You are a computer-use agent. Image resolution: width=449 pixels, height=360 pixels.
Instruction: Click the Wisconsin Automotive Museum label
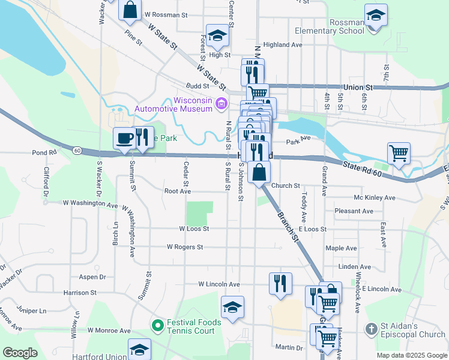pos(173,104)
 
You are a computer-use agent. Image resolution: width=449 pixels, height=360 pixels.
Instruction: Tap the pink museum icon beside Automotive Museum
pos(221,105)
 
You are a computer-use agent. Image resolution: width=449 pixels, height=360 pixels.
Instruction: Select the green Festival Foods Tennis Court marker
pos(158,326)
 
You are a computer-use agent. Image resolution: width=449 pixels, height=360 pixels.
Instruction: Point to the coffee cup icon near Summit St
pos(125,138)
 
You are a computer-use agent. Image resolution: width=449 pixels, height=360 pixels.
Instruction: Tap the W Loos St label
pos(194,229)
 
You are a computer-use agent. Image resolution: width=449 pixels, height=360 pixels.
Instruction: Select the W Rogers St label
pos(185,247)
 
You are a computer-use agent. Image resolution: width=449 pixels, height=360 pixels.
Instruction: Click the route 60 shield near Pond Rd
pos(78,150)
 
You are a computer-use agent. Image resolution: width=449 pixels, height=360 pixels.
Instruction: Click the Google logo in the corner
pos(20,353)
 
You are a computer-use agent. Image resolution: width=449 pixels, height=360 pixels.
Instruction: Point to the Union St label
pos(358,87)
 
